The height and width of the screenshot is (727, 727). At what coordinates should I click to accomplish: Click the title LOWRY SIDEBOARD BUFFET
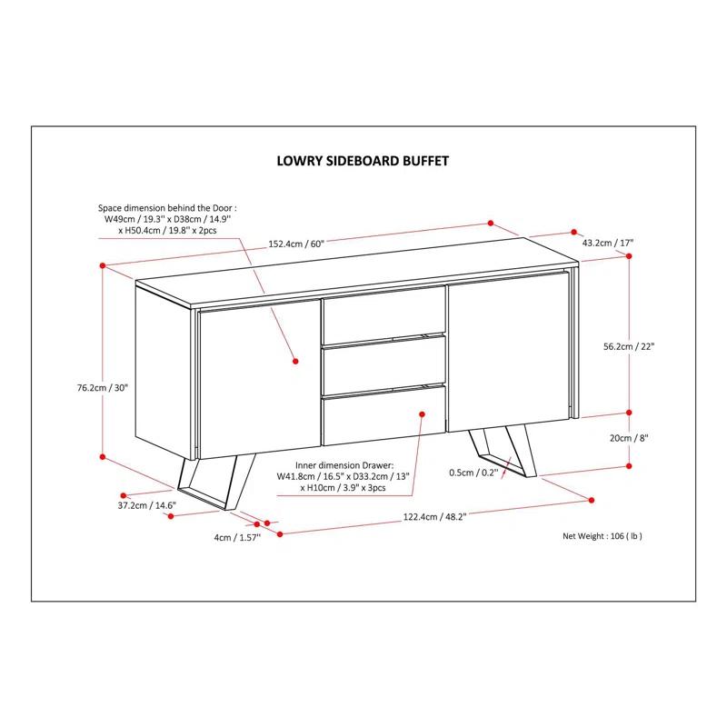point(363,161)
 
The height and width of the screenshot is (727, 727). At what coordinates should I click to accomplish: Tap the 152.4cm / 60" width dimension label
point(297,243)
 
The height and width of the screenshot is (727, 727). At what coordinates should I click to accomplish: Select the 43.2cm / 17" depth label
point(607,243)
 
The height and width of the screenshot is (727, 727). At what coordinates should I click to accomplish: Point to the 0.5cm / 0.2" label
point(472,472)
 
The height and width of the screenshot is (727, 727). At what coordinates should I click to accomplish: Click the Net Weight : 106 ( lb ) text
point(603,536)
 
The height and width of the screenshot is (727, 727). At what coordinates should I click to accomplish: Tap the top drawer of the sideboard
point(383,314)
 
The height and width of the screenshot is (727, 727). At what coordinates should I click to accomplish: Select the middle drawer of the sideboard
point(383,364)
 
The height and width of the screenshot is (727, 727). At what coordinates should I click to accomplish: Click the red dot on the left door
point(295,362)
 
